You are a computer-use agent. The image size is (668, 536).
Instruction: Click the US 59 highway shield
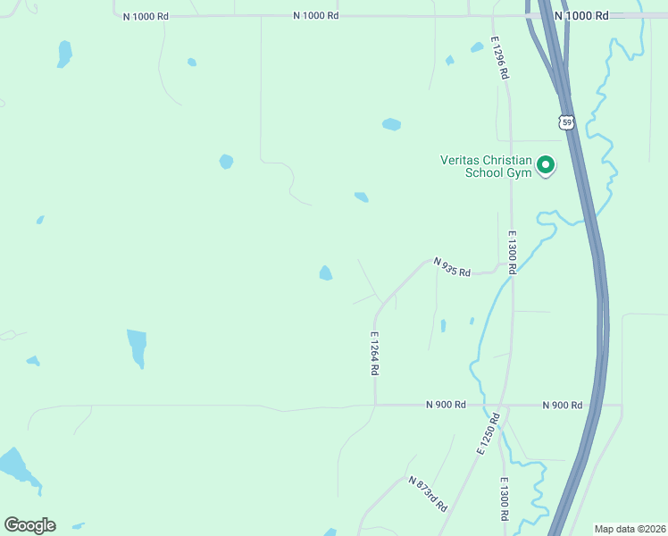(x=566, y=121)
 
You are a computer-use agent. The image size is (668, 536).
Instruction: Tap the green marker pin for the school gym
(x=545, y=164)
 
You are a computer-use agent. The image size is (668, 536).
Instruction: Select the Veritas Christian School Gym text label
(x=486, y=166)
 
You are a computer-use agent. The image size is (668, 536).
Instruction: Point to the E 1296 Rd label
(x=498, y=58)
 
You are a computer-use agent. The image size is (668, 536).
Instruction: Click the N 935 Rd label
(x=452, y=267)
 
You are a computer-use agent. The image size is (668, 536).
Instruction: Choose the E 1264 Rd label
(x=375, y=354)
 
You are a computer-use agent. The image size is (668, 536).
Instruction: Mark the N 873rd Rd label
(x=427, y=493)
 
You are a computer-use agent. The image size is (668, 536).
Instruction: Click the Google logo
(x=29, y=525)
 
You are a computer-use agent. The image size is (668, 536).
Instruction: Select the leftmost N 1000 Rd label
(x=146, y=17)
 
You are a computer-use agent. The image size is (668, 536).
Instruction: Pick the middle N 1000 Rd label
(x=316, y=16)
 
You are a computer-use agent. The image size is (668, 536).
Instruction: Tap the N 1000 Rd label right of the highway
(x=581, y=16)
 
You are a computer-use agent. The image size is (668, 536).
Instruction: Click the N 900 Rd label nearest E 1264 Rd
(x=446, y=405)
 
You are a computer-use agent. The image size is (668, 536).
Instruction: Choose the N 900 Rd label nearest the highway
(x=563, y=406)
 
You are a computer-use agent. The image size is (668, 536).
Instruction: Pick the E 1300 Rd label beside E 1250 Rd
(x=504, y=500)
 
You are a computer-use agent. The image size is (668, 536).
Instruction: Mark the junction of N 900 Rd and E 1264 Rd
(x=375, y=405)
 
